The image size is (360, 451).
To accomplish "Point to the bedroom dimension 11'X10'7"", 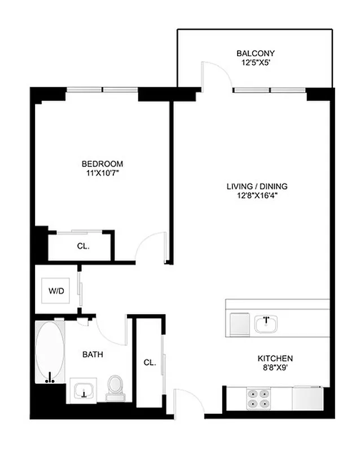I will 101,174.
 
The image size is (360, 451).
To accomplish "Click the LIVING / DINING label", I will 257,187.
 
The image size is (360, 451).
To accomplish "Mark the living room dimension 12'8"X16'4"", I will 257,196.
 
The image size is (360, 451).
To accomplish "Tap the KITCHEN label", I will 275,359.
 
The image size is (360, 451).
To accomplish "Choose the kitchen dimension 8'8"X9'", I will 275,368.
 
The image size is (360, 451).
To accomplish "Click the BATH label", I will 92,355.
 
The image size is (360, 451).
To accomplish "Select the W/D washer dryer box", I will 56,291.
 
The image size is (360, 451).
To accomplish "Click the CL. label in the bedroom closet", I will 82,246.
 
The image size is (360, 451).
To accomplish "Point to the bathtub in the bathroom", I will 50,352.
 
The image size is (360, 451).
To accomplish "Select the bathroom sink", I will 84,390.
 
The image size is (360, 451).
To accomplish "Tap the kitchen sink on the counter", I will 265,324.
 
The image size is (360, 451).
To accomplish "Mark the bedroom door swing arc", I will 150,247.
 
